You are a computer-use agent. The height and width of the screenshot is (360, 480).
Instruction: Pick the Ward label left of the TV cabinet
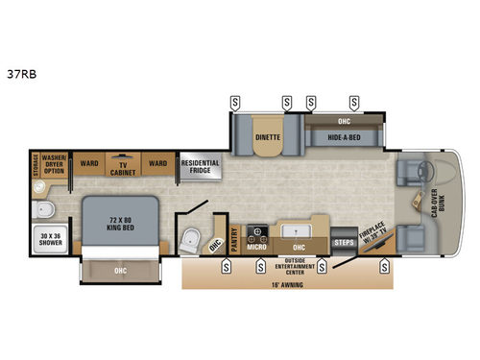tap(89, 162)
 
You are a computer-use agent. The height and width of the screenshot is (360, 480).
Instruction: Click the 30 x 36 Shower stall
tap(47, 237)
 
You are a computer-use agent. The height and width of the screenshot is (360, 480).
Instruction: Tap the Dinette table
tap(267, 136)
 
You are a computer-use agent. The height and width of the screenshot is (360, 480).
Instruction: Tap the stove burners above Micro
tap(257, 232)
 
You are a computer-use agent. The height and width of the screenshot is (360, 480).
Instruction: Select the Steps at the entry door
tap(344, 244)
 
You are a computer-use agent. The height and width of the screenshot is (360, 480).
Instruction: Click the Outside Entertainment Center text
tap(296, 266)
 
